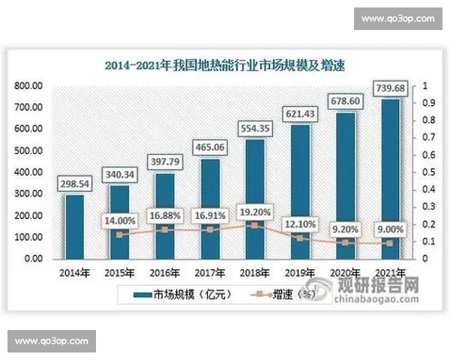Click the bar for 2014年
(x=74, y=226)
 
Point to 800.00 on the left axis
(x=28, y=86)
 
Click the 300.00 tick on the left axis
(x=28, y=194)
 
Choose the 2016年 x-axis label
(x=163, y=271)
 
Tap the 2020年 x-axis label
(x=345, y=271)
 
